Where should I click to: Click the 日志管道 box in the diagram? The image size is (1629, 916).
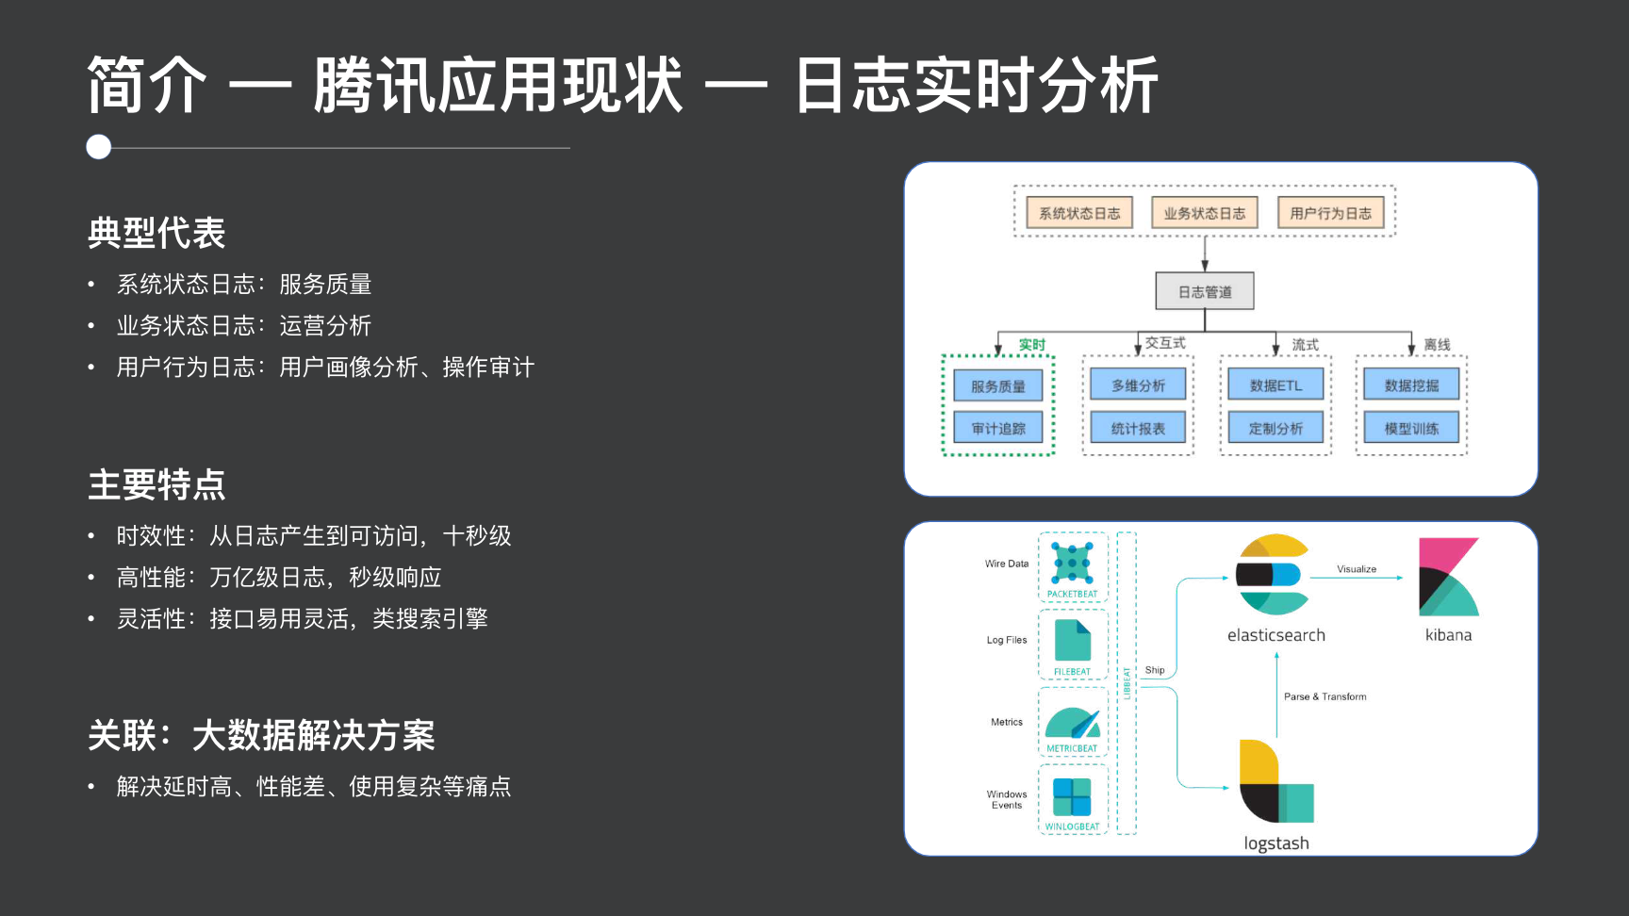1205,291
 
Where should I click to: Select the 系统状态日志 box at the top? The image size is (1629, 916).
1079,213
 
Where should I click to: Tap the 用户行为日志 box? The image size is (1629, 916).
1330,213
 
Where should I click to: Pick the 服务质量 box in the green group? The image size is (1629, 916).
997,385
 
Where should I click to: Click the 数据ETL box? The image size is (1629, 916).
1275,384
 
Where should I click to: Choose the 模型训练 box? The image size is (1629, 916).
1411,428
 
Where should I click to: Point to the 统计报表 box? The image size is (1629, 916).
1138,428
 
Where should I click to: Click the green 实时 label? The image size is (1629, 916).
1032,344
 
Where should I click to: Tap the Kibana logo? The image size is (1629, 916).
1449,577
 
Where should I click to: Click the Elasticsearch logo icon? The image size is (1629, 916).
1273,574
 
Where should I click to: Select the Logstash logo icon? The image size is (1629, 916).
1275,781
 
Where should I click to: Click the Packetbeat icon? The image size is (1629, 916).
1072,563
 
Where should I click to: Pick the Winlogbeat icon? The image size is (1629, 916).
1072,797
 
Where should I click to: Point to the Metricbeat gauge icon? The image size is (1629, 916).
1072,723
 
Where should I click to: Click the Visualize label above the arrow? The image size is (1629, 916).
1357,569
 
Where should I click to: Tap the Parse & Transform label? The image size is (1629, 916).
1325,696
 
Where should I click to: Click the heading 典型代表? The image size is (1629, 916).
156,233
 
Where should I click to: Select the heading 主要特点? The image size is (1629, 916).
156,484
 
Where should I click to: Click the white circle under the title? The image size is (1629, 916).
99,147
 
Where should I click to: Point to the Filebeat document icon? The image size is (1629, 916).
1072,641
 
